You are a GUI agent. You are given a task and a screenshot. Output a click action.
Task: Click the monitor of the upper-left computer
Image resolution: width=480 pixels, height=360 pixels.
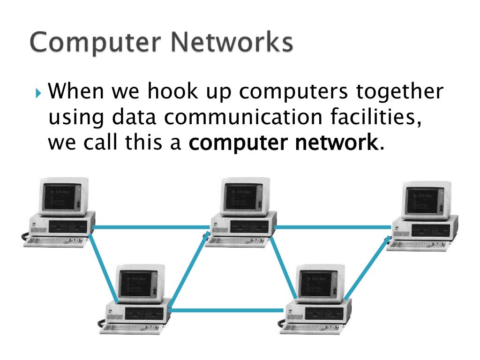[63, 196]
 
